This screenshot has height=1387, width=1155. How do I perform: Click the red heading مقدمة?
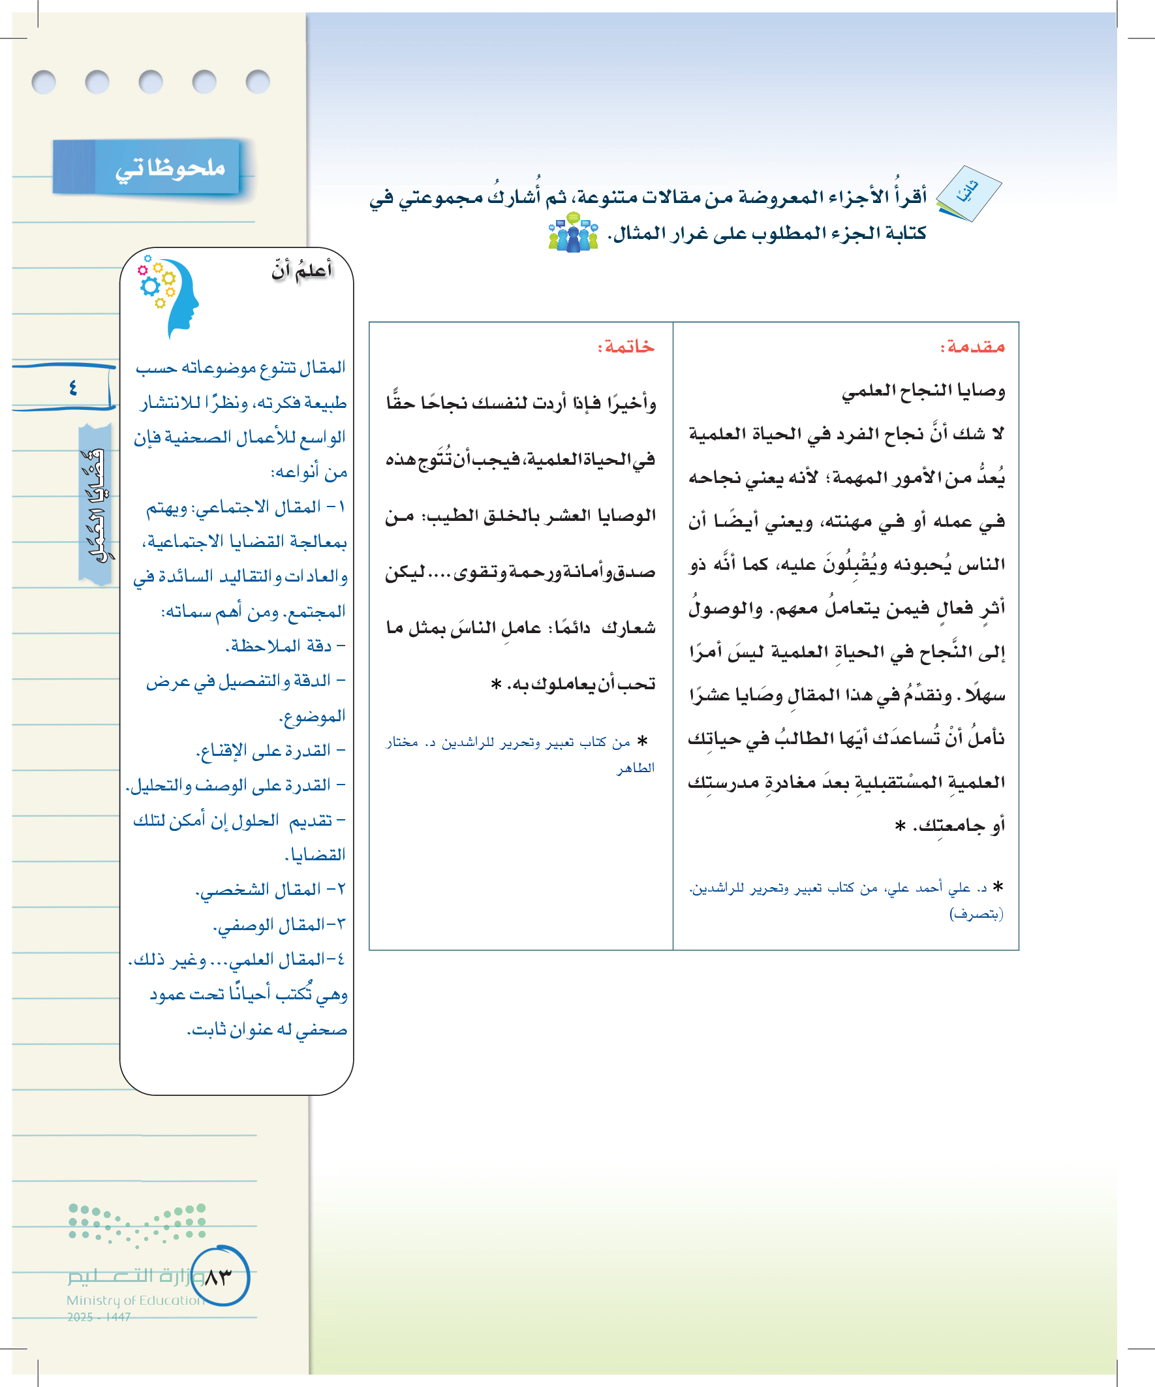coord(972,347)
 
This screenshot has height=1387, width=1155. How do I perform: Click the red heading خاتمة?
coord(625,347)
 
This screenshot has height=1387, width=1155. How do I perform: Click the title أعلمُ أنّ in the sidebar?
coord(301,270)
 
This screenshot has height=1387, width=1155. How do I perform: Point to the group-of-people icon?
coord(573,232)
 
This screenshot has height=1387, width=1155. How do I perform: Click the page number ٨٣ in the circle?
coord(219,1277)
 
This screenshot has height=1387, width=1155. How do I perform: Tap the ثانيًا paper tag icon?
coord(968,193)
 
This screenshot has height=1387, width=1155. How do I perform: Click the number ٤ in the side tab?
coord(72,388)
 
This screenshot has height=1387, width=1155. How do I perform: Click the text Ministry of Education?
coord(135,1300)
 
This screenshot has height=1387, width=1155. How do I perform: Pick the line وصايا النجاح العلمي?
coord(923,391)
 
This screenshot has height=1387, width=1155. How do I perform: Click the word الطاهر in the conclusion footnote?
coord(636,768)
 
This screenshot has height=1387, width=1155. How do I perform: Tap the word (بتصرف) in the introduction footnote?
coord(976,914)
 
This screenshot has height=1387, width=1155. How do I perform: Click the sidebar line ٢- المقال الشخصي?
coord(271,890)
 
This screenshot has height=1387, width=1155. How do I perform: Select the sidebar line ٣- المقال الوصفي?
coord(279,925)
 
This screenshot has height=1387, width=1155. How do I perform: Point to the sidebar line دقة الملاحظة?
coord(285,646)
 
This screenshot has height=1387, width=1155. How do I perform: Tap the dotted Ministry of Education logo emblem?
coord(137,1225)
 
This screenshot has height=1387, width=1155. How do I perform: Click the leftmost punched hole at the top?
coord(44,82)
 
